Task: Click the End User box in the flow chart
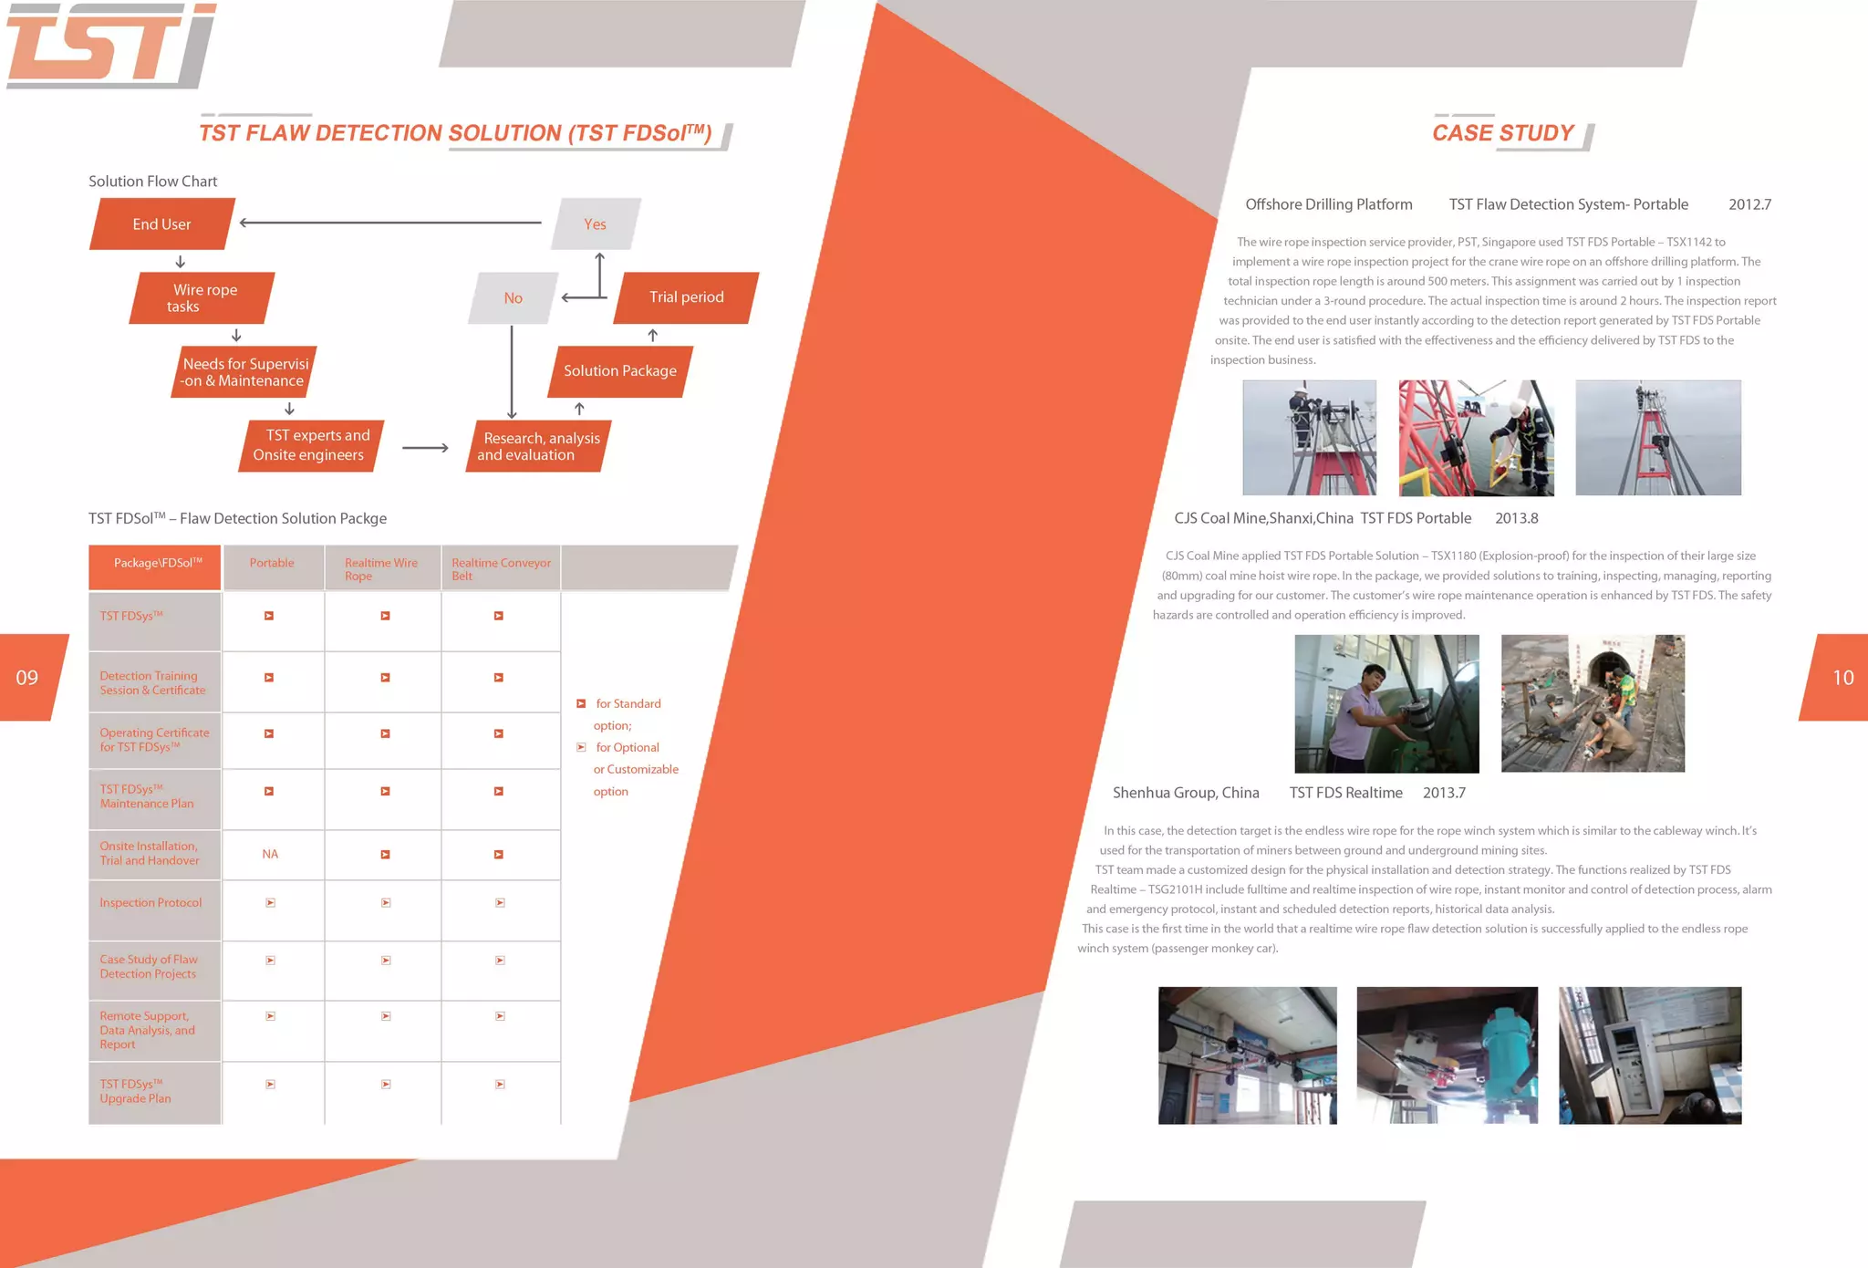pos(161,224)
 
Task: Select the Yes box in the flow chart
pos(595,224)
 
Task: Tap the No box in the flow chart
pos(513,298)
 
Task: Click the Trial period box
pos(686,297)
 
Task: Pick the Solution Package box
pos(619,371)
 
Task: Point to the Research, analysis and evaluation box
pos(540,446)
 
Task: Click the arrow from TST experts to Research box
pos(425,448)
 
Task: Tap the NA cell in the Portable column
pos(270,855)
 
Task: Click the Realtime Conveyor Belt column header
pos(501,568)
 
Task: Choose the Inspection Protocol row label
pos(150,903)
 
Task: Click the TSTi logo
pos(111,46)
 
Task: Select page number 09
pos(27,678)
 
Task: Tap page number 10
pos(1842,678)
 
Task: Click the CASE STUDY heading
pos(1502,133)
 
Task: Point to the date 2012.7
pos(1749,205)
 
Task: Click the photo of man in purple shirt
pos(1386,704)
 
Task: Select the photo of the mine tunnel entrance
pos(1593,704)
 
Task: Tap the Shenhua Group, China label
pos(1186,794)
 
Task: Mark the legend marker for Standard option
pos(581,704)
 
